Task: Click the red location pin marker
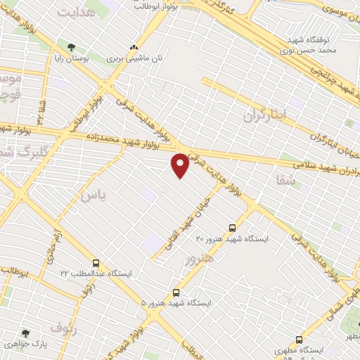[x=181, y=165]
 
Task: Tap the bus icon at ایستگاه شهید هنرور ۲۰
[x=233, y=227]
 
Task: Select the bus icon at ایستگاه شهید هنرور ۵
[x=176, y=292]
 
